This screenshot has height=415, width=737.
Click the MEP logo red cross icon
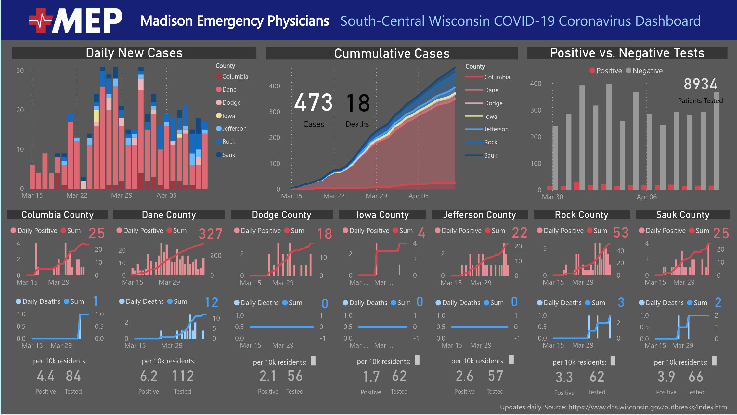tap(41, 20)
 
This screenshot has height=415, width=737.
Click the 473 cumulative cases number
tap(313, 103)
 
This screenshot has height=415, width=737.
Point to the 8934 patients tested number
tap(700, 84)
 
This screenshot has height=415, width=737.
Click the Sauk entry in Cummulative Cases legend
tap(490, 155)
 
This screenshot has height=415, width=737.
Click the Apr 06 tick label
tap(646, 197)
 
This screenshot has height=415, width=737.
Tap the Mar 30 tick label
tap(552, 197)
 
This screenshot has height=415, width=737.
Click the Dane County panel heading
tap(169, 215)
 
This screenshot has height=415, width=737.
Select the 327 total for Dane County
tap(211, 234)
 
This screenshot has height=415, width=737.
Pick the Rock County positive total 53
tap(621, 233)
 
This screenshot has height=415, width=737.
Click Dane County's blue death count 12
tap(211, 302)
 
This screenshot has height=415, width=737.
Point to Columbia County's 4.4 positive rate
tap(45, 376)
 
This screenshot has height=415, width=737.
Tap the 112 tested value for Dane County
tap(183, 376)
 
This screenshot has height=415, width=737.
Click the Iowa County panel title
tap(382, 215)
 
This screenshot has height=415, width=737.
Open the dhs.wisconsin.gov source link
tap(647, 407)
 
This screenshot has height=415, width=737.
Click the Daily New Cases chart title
tap(134, 53)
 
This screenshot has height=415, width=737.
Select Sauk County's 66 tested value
tap(696, 377)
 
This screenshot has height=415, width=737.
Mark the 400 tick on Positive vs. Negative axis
tap(536, 84)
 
